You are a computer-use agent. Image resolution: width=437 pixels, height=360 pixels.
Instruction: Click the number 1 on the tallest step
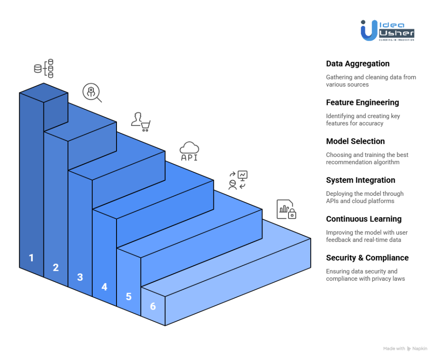click(x=31, y=258)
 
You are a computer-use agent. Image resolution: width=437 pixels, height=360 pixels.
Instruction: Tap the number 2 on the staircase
click(x=55, y=267)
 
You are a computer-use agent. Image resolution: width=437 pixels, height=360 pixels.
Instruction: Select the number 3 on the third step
click(x=80, y=277)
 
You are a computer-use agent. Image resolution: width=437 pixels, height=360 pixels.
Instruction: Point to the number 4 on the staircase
click(x=104, y=287)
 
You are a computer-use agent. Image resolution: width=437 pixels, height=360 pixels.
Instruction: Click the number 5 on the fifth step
click(x=128, y=296)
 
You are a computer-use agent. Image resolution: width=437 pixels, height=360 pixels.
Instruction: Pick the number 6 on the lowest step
click(x=153, y=306)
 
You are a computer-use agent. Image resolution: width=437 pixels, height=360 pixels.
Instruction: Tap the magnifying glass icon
click(x=92, y=93)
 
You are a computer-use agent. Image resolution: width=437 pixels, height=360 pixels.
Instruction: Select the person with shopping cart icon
click(x=141, y=122)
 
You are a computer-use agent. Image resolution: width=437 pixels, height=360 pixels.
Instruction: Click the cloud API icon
click(x=189, y=151)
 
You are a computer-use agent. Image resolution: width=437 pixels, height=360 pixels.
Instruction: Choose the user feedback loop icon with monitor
click(x=238, y=180)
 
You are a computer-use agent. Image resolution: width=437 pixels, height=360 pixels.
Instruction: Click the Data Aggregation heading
click(x=358, y=64)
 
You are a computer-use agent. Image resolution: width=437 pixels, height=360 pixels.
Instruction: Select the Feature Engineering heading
click(x=362, y=102)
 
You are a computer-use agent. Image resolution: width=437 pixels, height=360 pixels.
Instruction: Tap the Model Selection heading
click(x=355, y=141)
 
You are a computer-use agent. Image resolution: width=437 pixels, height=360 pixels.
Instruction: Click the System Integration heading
click(x=360, y=180)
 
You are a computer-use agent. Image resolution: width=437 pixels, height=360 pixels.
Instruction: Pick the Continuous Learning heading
click(x=364, y=219)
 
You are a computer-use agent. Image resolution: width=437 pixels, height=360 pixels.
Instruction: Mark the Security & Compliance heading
click(x=367, y=258)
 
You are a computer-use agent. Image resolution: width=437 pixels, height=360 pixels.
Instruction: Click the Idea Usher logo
click(x=387, y=30)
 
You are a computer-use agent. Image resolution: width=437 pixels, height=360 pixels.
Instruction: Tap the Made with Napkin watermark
click(x=405, y=348)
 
